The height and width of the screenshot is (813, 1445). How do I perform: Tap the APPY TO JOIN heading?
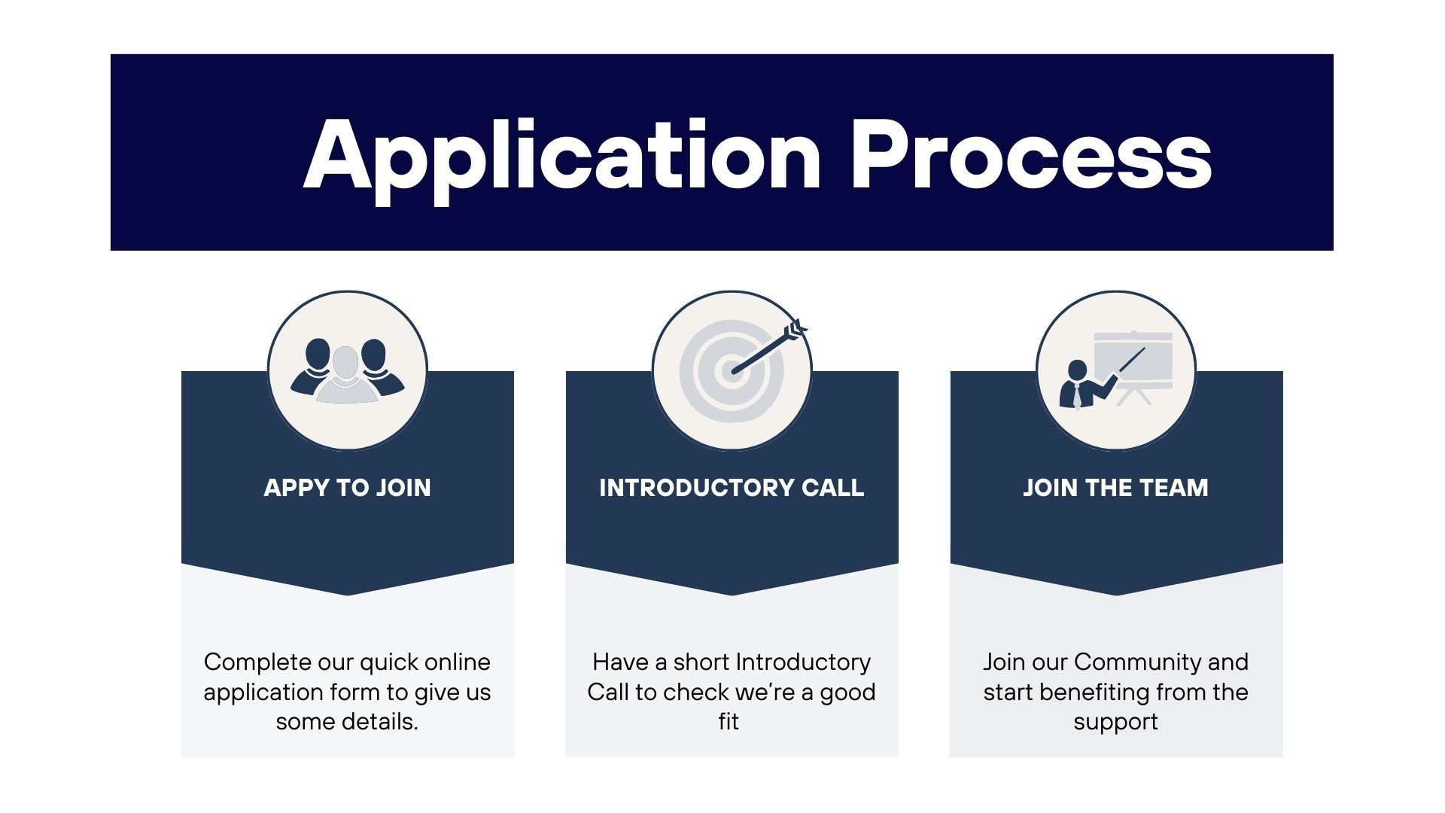tap(347, 488)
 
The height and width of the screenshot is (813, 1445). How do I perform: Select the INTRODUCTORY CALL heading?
tap(732, 488)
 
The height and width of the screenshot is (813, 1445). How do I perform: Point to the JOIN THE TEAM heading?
tap(1115, 488)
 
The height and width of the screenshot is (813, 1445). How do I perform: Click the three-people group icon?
tap(347, 370)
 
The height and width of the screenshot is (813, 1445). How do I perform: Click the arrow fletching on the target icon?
tap(795, 329)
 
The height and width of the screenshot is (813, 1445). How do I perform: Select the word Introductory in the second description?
tap(803, 662)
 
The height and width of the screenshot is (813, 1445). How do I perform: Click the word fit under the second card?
tap(729, 722)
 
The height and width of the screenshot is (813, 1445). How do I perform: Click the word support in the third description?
tap(1115, 722)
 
